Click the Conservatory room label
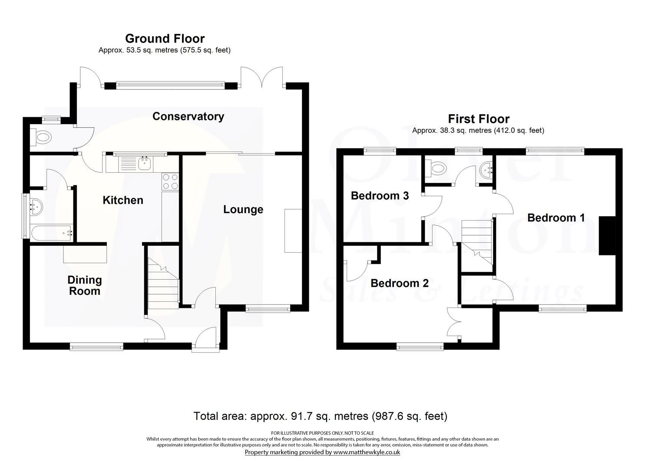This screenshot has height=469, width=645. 188,116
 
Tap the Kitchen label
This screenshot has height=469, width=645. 123,200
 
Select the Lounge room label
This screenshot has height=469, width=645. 243,210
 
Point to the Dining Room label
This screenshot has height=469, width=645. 85,286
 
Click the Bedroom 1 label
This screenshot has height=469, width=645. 556,218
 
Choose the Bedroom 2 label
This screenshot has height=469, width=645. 399,283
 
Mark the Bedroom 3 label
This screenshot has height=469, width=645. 380,196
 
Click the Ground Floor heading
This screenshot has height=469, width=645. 165,39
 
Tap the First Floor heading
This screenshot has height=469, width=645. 479,119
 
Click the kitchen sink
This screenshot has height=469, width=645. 144,164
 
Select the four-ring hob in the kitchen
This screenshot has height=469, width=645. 170,182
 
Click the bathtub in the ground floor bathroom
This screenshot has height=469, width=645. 51,233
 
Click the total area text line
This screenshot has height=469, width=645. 320,416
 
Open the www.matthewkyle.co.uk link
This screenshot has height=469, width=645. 366,452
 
